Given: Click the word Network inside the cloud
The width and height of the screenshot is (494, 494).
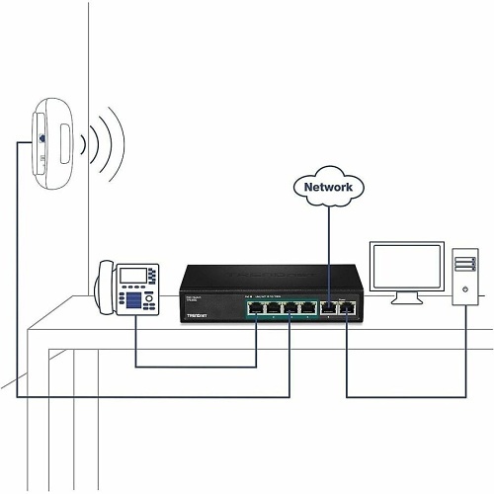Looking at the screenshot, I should (329, 187).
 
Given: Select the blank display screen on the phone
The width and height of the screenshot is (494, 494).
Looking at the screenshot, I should (135, 273).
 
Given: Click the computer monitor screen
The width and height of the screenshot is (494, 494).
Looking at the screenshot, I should (404, 265).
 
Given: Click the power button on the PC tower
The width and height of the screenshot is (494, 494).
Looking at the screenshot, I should (467, 293).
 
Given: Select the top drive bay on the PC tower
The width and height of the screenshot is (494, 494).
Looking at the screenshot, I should (467, 260).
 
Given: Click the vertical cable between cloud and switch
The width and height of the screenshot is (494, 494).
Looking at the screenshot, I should (329, 247).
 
